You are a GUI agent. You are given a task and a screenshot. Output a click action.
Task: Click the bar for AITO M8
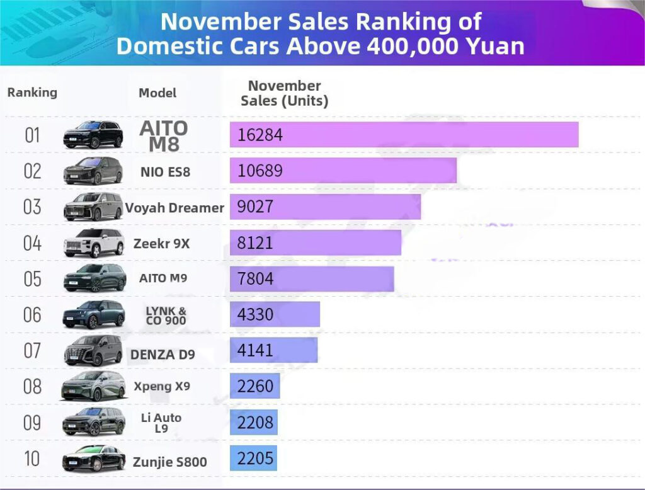(404, 135)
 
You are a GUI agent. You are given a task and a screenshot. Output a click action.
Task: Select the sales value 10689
(260, 171)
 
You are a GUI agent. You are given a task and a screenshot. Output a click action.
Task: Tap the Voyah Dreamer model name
(174, 208)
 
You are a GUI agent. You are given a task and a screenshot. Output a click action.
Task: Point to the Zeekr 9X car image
(93, 243)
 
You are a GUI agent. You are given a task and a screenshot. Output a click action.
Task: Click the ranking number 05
(32, 279)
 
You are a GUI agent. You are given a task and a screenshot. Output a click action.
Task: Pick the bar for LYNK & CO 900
(275, 314)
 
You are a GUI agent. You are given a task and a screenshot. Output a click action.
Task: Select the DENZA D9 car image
(93, 351)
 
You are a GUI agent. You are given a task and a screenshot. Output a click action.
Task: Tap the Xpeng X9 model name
(162, 386)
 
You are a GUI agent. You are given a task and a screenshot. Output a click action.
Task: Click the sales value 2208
(255, 422)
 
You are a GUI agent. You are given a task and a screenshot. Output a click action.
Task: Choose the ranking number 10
(32, 459)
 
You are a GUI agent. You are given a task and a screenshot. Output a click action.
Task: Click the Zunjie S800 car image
(93, 459)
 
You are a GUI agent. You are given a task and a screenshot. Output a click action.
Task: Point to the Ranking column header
(32, 93)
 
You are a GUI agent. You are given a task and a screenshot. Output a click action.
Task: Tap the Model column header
(157, 93)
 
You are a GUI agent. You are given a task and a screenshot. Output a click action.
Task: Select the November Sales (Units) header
(284, 93)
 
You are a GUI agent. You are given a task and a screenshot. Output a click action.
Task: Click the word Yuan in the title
(494, 47)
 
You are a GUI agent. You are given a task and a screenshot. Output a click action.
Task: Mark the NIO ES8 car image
(93, 171)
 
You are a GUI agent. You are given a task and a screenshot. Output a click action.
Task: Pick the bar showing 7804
(312, 279)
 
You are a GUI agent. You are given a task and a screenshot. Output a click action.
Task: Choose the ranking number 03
(32, 207)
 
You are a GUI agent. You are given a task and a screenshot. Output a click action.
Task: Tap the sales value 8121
(255, 243)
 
